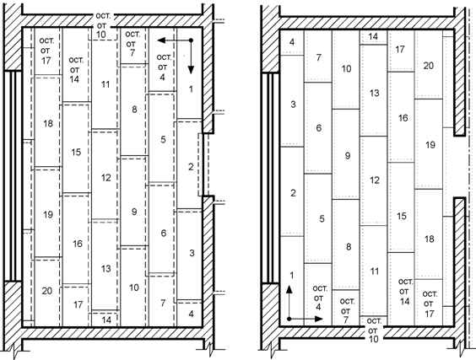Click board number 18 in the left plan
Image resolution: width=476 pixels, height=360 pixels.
click(48, 123)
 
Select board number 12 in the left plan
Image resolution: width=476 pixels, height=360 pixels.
click(106, 177)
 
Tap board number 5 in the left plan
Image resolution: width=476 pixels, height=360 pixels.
click(164, 139)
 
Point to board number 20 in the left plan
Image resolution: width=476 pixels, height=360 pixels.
click(47, 291)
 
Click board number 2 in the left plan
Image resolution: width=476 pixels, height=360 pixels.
click(191, 166)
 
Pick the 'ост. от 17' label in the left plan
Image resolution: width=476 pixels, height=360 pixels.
click(46, 51)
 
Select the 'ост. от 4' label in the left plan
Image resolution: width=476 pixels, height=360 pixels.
click(164, 67)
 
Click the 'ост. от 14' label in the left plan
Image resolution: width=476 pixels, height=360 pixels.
click(75, 70)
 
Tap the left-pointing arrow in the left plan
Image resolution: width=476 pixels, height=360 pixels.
click(174, 40)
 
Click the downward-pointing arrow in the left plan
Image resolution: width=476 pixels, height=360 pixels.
click(191, 56)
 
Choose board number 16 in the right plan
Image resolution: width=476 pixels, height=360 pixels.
click(403, 118)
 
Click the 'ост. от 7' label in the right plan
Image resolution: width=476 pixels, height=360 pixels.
click(347, 310)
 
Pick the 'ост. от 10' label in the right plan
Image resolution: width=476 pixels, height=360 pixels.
click(374, 330)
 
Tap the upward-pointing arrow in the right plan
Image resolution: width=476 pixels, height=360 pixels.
click(289, 302)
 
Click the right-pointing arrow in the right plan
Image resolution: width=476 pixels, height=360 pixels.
click(306, 319)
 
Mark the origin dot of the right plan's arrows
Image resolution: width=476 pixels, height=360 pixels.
click(289, 319)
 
